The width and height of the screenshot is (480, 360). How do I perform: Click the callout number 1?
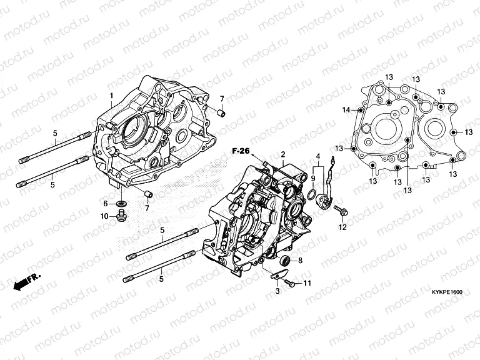(112, 96)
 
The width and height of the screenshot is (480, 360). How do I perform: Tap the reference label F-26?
(241, 151)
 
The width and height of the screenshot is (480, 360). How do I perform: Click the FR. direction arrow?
(26, 281)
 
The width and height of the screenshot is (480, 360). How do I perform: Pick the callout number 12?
(342, 227)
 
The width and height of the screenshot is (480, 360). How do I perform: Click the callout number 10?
(104, 216)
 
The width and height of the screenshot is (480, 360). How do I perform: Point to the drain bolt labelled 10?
(121, 216)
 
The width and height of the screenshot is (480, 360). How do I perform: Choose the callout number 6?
(106, 204)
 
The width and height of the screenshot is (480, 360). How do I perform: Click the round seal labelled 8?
(286, 260)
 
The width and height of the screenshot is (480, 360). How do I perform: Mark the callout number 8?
(300, 260)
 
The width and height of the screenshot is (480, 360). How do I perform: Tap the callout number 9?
(313, 178)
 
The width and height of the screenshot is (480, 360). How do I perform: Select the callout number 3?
(276, 292)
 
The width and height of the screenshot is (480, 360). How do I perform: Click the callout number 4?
(317, 156)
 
